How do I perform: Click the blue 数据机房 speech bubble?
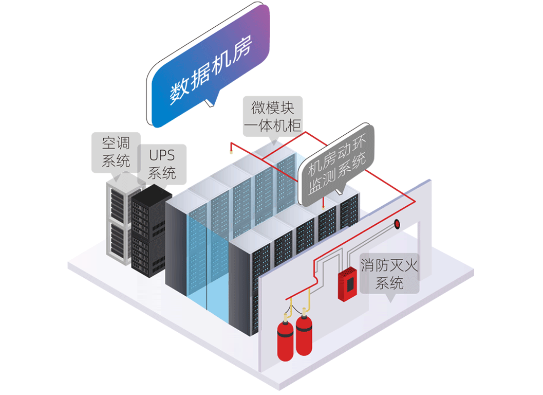pos(211,67)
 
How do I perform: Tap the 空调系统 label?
pos(117,152)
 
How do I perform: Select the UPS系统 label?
pos(162,164)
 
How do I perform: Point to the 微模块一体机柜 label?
pos(272,117)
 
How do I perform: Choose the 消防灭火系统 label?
pos(389,274)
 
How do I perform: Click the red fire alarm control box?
pos(347,283)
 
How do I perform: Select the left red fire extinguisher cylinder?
pos(285,339)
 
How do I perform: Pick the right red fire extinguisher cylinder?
pos(304,334)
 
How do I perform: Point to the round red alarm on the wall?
pos(397,224)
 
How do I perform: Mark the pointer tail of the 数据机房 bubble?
pos(210,103)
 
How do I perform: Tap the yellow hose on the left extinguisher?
pos(290,311)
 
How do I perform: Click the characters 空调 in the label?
pos(115,143)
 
